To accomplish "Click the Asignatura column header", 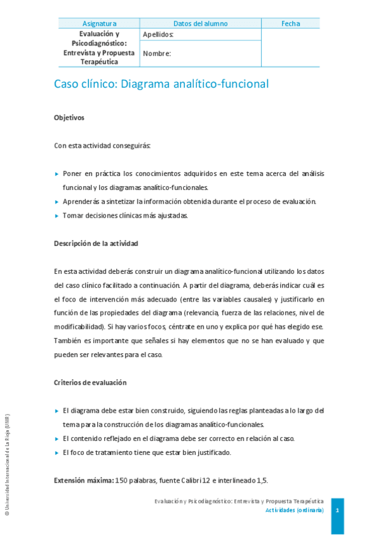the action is [x=99, y=24].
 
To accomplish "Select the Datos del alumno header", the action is [x=200, y=24].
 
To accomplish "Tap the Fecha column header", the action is [x=290, y=24].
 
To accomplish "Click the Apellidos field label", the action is [x=158, y=34].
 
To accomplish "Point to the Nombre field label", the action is [x=157, y=54].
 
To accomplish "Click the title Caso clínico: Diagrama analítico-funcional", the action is [x=162, y=84].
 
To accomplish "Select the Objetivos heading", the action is [x=69, y=117].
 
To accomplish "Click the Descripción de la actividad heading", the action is [x=97, y=244].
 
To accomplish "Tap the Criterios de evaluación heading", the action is [x=90, y=382].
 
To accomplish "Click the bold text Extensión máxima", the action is [x=84, y=480].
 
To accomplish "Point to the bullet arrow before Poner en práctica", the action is [x=57, y=173].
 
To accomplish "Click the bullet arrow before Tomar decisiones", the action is [x=57, y=216].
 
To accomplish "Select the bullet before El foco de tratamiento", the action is [x=57, y=452].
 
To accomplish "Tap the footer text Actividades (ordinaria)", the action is [x=295, y=509].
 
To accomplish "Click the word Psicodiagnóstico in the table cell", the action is [x=99, y=44].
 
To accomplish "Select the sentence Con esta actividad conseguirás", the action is [x=102, y=146].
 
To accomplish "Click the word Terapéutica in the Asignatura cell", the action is [x=99, y=62].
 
